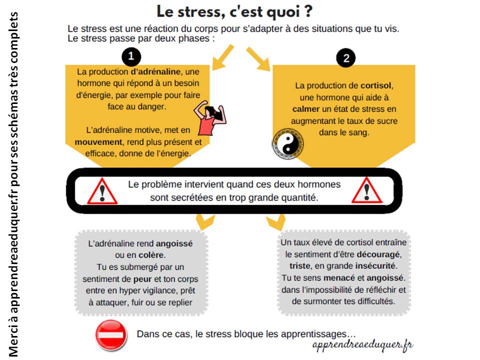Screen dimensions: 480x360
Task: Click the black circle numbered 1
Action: [x=131, y=56]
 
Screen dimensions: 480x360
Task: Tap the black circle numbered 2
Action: [x=346, y=58]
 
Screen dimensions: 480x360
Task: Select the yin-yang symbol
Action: [x=288, y=144]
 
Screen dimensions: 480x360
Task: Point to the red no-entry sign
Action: [x=111, y=335]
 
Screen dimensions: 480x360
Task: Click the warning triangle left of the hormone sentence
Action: [x=102, y=191]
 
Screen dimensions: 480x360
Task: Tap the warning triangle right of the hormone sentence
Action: [x=366, y=190]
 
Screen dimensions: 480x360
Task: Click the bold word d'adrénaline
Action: [x=155, y=71]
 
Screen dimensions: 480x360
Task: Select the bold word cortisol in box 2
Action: [x=375, y=85]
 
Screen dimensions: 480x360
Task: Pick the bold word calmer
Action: [x=306, y=109]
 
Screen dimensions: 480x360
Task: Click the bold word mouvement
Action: [x=98, y=142]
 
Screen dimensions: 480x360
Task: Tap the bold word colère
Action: [x=151, y=255]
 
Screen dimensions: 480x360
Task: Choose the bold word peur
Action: [x=142, y=279]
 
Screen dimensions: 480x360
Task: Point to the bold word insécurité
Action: [x=375, y=265]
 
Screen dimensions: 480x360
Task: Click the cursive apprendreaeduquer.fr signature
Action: [x=362, y=345]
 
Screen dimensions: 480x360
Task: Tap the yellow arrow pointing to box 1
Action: [x=223, y=57]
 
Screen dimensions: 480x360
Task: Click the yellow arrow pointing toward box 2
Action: [x=258, y=59]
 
